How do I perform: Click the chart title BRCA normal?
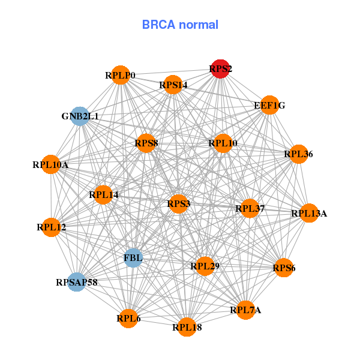pyautogui.click(x=180, y=25)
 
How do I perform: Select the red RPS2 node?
pyautogui.click(x=220, y=69)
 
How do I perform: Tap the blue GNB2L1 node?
pyautogui.click(x=80, y=116)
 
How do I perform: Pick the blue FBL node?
pyautogui.click(x=133, y=258)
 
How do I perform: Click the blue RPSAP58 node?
pyautogui.click(x=76, y=281)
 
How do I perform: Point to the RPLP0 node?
pyautogui.click(x=121, y=75)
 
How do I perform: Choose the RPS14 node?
pyautogui.click(x=173, y=85)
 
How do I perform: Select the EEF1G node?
pyautogui.click(x=269, y=105)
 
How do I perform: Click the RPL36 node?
pyautogui.click(x=298, y=154)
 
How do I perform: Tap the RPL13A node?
pyautogui.click(x=308, y=213)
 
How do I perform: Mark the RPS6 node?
pyautogui.click(x=283, y=268)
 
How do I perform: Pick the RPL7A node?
pyautogui.click(x=245, y=310)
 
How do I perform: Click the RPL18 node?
pyautogui.click(x=187, y=327)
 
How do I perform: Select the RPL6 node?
pyautogui.click(x=128, y=318)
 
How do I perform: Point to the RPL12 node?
pyautogui.click(x=52, y=227)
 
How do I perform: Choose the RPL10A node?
pyautogui.click(x=51, y=164)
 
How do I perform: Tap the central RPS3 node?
pyautogui.click(x=179, y=204)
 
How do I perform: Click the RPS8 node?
pyautogui.click(x=146, y=143)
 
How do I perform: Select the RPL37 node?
pyautogui.click(x=250, y=208)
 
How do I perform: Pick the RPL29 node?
pyautogui.click(x=205, y=265)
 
